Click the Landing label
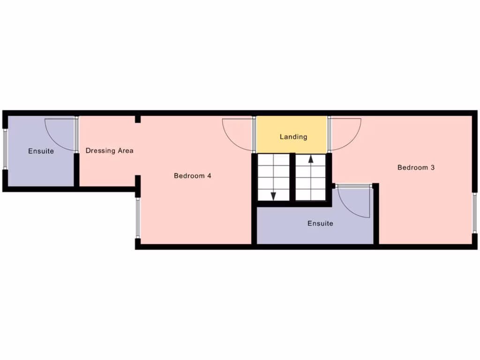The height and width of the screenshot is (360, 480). [293, 137]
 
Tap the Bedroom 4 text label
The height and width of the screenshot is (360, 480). [192, 176]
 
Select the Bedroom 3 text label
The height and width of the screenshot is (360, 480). [416, 167]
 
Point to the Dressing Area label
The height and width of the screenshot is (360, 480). [109, 150]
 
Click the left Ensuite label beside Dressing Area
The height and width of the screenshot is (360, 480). [41, 151]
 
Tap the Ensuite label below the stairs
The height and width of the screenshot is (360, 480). [320, 224]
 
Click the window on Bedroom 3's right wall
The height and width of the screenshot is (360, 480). [474, 213]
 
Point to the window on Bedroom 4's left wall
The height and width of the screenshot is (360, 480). [138, 217]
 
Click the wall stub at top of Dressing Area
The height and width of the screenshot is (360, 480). [138, 119]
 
